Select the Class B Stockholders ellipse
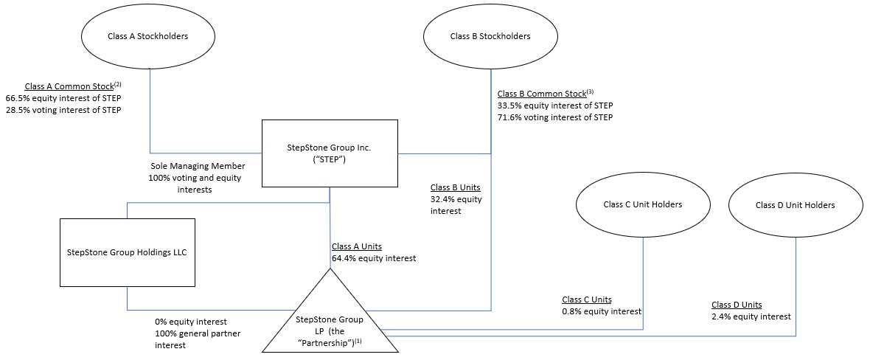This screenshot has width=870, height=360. click(x=490, y=37)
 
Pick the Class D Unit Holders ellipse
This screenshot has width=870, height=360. click(x=796, y=205)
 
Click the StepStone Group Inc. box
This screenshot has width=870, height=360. click(x=329, y=153)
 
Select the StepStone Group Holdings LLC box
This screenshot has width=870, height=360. click(x=127, y=252)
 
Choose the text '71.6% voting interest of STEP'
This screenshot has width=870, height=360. click(x=554, y=117)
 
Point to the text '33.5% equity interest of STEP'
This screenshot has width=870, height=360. click(x=554, y=105)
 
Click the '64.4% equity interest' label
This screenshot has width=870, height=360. click(x=374, y=258)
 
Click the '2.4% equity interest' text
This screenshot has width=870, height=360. click(x=751, y=316)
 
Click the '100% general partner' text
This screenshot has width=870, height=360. click(x=198, y=333)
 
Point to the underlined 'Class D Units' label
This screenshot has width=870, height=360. click(x=737, y=305)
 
